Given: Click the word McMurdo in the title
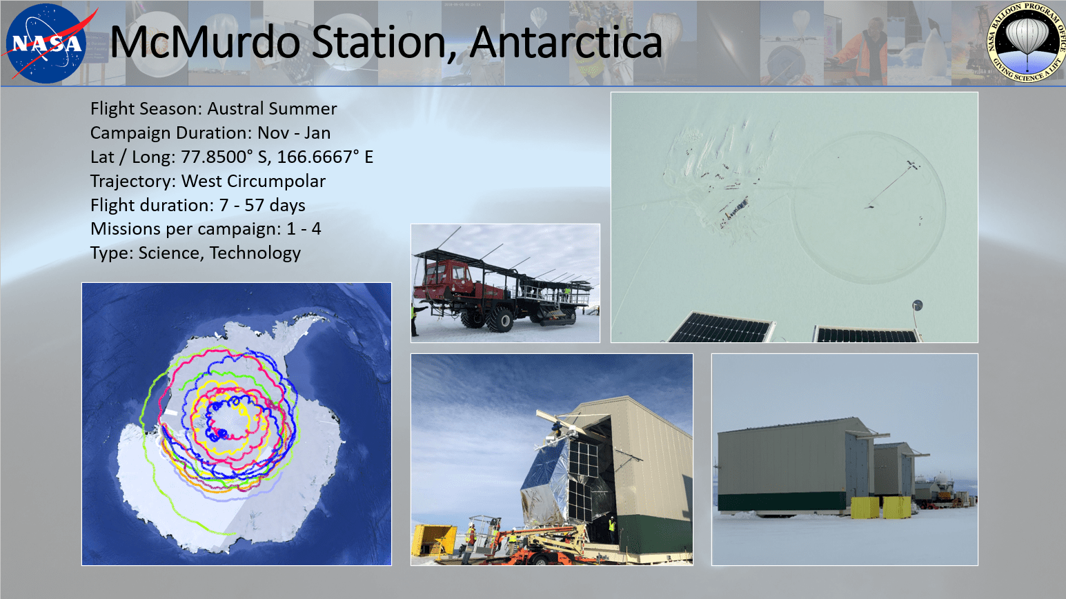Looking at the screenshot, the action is pyautogui.click(x=206, y=42).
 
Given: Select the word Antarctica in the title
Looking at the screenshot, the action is pyautogui.click(x=566, y=42).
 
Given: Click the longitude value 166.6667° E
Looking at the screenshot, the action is pyautogui.click(x=325, y=157).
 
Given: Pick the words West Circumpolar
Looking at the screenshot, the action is pyautogui.click(x=253, y=181).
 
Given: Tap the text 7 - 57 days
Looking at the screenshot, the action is pyautogui.click(x=262, y=205).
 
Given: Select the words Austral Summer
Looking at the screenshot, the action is pyautogui.click(x=273, y=109).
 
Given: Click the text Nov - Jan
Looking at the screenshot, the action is pyautogui.click(x=294, y=133).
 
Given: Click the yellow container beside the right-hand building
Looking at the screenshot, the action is pyautogui.click(x=865, y=508).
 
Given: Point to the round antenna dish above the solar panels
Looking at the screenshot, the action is pyautogui.click(x=918, y=305).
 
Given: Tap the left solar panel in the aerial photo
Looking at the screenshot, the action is pyautogui.click(x=720, y=328).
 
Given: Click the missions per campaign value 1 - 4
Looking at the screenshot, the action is pyautogui.click(x=304, y=229).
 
